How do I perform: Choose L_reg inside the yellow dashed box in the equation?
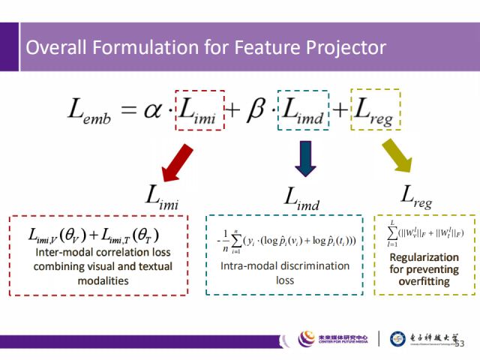375,112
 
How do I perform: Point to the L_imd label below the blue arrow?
302,197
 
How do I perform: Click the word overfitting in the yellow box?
424,282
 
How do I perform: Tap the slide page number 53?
460,343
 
